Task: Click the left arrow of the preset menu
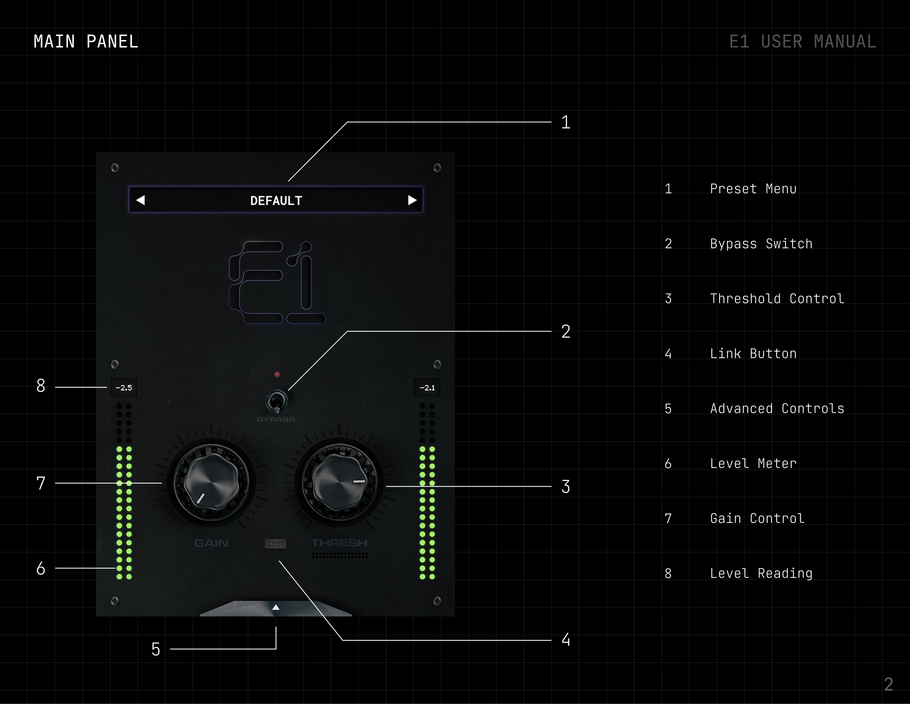[x=140, y=201]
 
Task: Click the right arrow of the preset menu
[x=412, y=201]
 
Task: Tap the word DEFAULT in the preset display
[x=276, y=201]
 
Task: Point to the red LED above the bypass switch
[x=277, y=375]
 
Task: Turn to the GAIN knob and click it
[x=211, y=483]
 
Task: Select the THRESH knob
[x=339, y=483]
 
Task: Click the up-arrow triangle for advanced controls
[x=276, y=607]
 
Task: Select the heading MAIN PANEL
[x=86, y=42]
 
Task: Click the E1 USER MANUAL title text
[x=802, y=42]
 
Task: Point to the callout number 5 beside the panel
[x=156, y=649]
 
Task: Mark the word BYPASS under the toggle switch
[x=276, y=419]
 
